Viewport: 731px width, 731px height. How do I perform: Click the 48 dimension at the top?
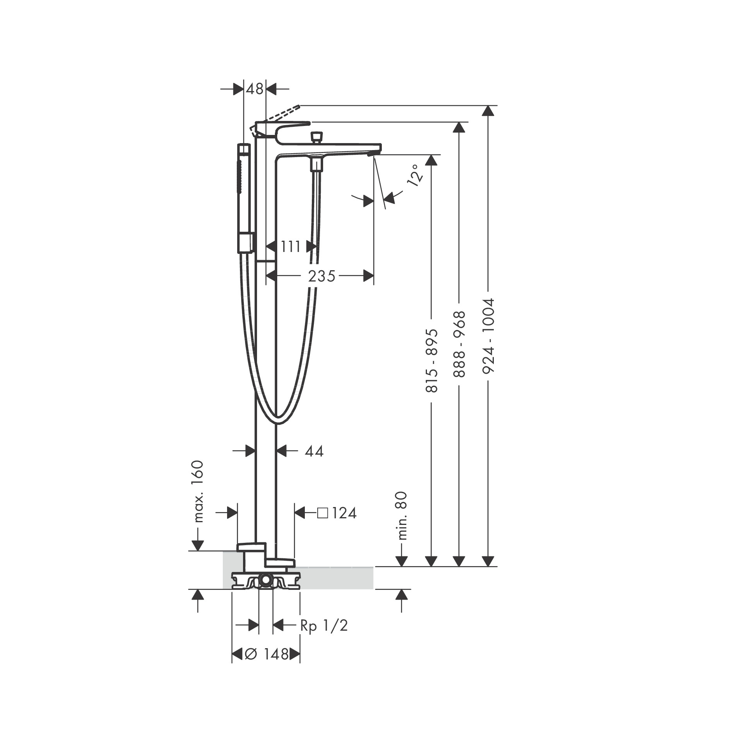255,89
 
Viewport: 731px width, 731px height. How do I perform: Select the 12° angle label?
414,175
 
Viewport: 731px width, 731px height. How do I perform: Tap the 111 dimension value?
291,247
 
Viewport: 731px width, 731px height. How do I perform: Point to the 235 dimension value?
321,276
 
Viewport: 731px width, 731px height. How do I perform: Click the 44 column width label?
314,451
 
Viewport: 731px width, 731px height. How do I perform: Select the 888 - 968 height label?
460,344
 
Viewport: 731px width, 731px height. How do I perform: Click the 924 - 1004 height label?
488,336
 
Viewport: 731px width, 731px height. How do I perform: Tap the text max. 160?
198,491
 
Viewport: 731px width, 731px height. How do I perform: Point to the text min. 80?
402,516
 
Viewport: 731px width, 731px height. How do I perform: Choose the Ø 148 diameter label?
266,654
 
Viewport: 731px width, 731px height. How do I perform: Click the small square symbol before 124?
322,513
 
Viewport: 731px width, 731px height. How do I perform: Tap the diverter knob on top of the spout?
317,137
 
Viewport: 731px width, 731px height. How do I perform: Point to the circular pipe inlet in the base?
266,580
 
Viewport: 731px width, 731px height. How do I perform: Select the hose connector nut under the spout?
317,165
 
